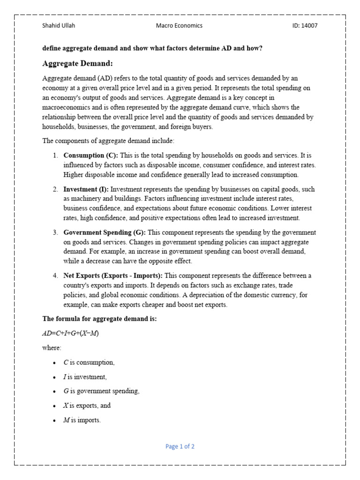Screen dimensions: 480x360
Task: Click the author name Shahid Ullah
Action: pos(59,26)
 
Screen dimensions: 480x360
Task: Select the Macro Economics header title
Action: pos(179,26)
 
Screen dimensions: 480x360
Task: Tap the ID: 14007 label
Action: pos(305,26)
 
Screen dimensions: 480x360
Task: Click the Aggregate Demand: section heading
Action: pos(77,63)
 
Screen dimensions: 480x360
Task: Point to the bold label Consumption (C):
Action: pos(91,155)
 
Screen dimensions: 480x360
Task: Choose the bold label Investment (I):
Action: pos(86,189)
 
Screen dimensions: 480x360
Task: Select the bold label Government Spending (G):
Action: pos(105,232)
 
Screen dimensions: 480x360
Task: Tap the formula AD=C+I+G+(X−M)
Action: pos(71,333)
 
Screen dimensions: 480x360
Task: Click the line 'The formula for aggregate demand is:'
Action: pos(99,319)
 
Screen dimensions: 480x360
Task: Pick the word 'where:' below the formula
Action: pos(52,348)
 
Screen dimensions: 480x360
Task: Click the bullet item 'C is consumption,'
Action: pos(89,362)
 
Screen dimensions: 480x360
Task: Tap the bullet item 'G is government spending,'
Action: pos(101,391)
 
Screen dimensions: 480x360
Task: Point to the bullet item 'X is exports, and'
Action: pos(87,405)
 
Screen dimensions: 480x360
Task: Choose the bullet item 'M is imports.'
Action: pos(82,420)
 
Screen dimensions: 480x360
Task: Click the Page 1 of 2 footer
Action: pos(180,447)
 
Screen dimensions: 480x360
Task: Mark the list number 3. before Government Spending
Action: pos(55,232)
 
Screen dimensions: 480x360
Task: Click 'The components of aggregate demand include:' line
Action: pos(108,141)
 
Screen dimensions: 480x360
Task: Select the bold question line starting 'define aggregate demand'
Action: pos(152,48)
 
